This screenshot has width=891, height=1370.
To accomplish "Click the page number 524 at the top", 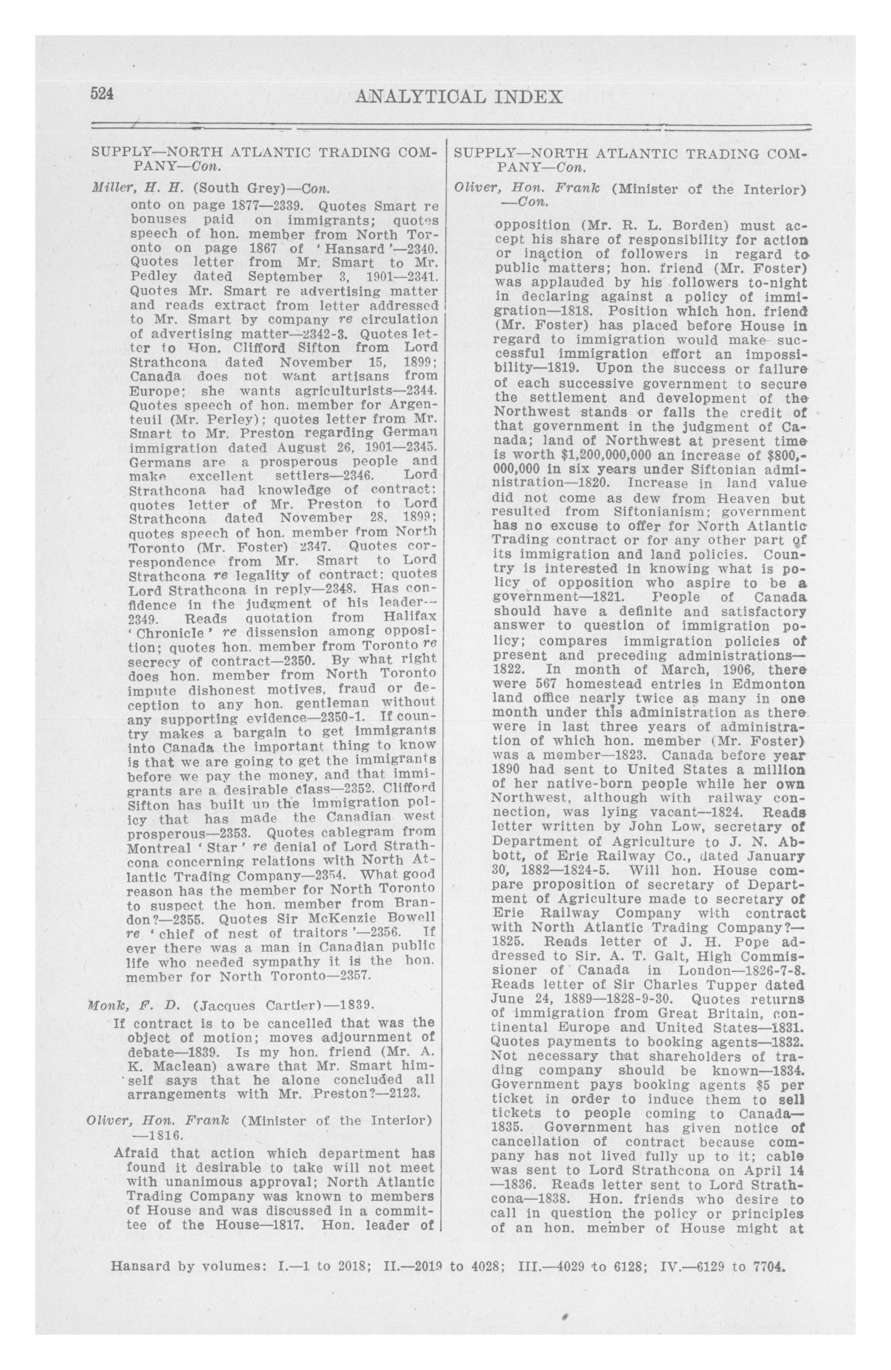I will (103, 94).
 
